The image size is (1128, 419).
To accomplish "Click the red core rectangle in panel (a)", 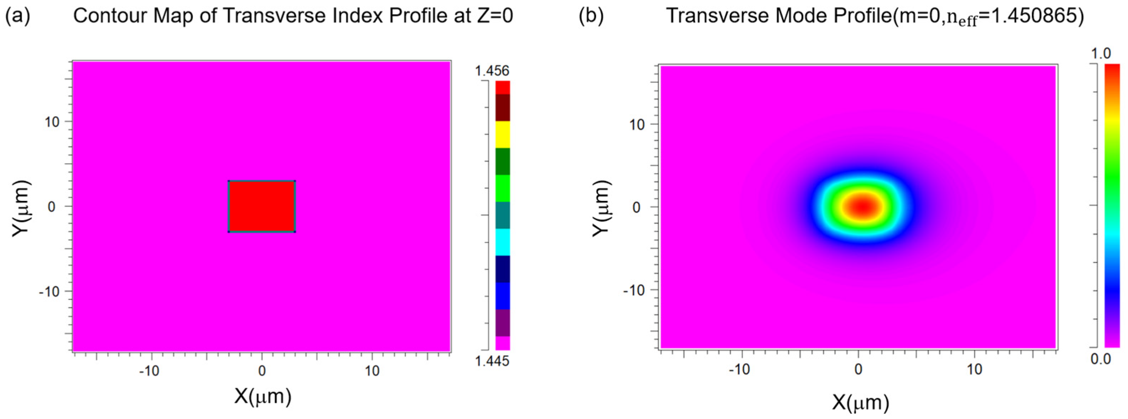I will pos(262,206).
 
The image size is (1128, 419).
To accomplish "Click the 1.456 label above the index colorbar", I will pos(492,70).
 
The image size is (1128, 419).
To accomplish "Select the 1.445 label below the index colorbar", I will pos(492,361).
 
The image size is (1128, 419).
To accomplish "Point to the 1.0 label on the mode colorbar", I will pos(1101,54).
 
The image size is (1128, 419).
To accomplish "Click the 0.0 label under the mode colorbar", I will pos(1101,359).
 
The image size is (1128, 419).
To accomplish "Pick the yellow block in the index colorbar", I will pos(502,134).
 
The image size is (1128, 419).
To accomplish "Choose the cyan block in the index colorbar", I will pos(502,242).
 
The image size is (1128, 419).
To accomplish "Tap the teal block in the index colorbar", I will pos(502,215).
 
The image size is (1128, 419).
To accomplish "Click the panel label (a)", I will pos(17,16).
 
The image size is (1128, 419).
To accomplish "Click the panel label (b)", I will pos(591,16).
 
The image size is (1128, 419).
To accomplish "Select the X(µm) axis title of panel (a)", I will pos(263,396).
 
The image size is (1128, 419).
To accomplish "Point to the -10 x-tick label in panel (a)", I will pos(149,371).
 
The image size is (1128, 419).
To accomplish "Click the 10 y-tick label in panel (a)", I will pos(51,122).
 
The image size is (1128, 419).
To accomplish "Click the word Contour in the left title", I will pos(103,16).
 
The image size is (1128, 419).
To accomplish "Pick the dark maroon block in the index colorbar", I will pos(502,107).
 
